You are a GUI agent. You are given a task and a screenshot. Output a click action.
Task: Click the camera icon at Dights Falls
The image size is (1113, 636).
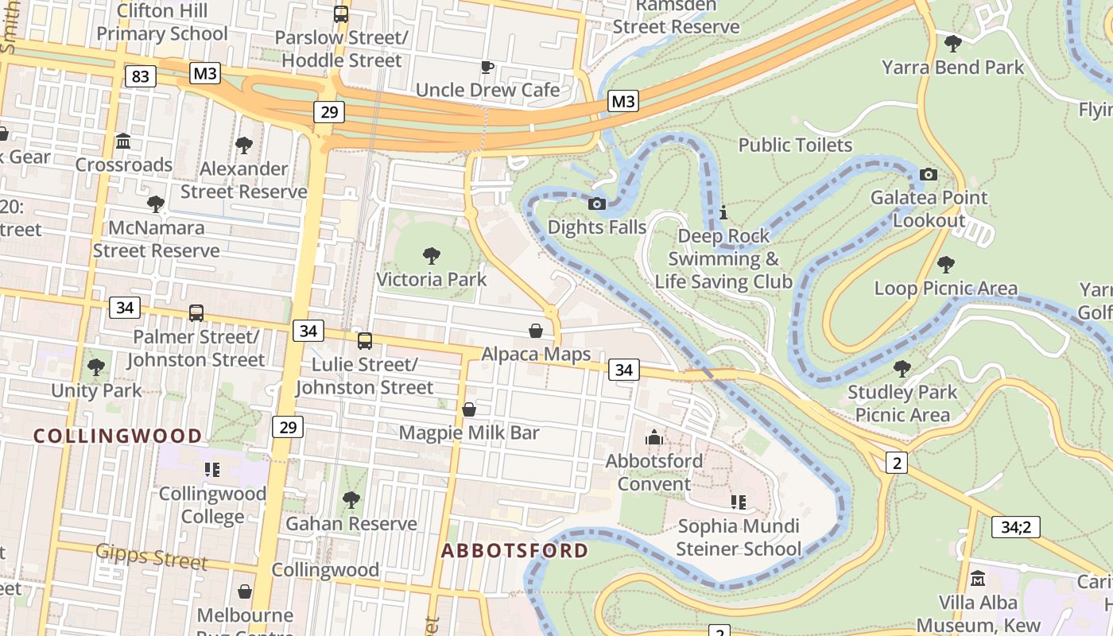click(597, 204)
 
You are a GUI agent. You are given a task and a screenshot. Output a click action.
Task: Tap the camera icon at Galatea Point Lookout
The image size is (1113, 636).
click(928, 174)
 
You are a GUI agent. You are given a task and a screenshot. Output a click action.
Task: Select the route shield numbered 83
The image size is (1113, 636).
click(140, 76)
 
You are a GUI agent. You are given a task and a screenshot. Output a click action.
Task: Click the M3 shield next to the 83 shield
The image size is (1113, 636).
click(205, 74)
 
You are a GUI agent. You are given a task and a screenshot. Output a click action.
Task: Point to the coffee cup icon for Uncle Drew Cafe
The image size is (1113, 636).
click(487, 67)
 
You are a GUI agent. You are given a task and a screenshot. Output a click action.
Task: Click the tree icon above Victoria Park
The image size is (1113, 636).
click(432, 255)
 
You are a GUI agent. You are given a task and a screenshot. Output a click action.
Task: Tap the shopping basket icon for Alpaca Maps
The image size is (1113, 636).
click(537, 331)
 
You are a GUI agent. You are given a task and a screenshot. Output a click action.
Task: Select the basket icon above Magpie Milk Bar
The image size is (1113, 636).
click(469, 409)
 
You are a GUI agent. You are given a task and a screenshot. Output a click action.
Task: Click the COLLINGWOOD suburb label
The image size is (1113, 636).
click(118, 436)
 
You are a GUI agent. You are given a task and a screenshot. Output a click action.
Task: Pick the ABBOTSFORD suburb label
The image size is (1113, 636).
click(515, 551)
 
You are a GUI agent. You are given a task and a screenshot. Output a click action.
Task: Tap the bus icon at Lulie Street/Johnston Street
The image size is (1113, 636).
click(365, 341)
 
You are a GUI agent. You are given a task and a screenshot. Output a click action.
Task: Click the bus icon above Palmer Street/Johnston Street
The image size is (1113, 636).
click(196, 312)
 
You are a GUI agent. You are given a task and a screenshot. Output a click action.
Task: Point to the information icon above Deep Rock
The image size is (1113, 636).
click(723, 213)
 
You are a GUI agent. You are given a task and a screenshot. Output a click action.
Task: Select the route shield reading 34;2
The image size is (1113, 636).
click(1015, 526)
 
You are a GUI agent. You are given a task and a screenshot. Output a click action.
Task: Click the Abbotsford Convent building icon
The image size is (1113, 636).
click(654, 437)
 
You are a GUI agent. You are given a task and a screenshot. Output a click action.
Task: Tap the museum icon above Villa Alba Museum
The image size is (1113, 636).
click(978, 579)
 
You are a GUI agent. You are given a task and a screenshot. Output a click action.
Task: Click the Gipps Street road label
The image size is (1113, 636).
click(152, 556)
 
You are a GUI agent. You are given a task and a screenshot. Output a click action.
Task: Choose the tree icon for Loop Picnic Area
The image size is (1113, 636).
click(945, 264)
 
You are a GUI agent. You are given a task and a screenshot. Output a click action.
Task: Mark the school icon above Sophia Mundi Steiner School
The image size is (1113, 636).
click(738, 502)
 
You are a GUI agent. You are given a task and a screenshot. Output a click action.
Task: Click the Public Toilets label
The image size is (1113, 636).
click(795, 145)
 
